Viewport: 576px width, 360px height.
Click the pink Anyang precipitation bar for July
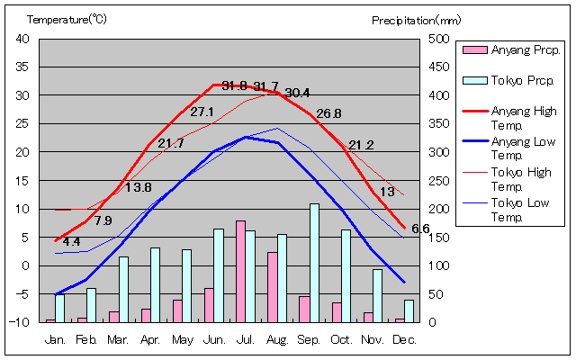(x=240, y=271)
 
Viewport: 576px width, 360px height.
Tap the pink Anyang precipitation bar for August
(x=272, y=286)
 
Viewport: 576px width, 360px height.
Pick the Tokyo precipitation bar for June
(x=219, y=275)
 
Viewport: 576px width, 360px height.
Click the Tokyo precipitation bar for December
(x=409, y=310)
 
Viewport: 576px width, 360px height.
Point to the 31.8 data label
(x=235, y=85)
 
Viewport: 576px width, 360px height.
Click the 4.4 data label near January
(x=71, y=242)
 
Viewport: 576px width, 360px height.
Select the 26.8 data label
(x=328, y=113)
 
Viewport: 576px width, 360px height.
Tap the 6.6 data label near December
(x=420, y=229)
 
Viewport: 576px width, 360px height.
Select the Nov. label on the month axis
(x=373, y=339)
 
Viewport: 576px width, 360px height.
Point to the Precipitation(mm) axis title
(x=416, y=19)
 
